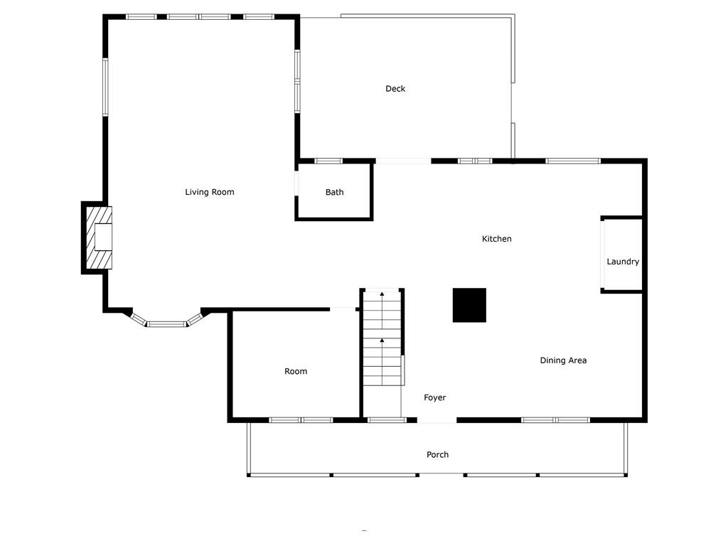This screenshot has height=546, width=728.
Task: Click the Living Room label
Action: (x=210, y=192)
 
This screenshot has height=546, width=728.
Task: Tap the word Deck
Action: (x=395, y=89)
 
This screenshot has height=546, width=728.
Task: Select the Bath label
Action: (x=334, y=192)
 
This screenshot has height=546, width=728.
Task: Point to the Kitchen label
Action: (x=496, y=239)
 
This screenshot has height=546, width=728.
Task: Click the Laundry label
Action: (x=623, y=262)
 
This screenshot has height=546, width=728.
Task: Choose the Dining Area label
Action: (x=563, y=360)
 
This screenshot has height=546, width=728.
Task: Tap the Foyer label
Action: (x=434, y=397)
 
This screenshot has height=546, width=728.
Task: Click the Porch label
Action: (x=437, y=454)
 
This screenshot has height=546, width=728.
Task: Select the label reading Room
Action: (x=296, y=371)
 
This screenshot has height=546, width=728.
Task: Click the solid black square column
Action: (x=469, y=305)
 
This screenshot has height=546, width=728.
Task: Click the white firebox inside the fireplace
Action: (x=104, y=237)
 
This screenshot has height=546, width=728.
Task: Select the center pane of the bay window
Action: (x=167, y=323)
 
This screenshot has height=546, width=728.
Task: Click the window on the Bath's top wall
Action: (x=328, y=161)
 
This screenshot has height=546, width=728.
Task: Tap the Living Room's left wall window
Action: (x=105, y=87)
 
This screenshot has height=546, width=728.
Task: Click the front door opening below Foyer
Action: (x=437, y=421)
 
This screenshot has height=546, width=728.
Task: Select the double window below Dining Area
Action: (x=555, y=420)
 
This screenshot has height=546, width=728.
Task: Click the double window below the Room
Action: (x=301, y=420)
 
